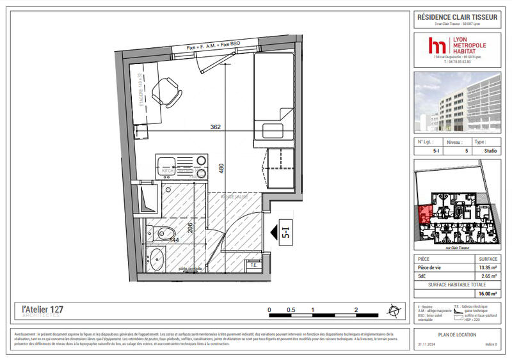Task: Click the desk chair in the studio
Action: tap(167, 91)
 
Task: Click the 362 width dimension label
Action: tap(215, 127)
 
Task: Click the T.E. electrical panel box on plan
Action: tap(253, 265)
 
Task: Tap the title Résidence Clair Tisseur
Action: tap(456, 17)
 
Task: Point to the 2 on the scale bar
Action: tap(355, 309)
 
